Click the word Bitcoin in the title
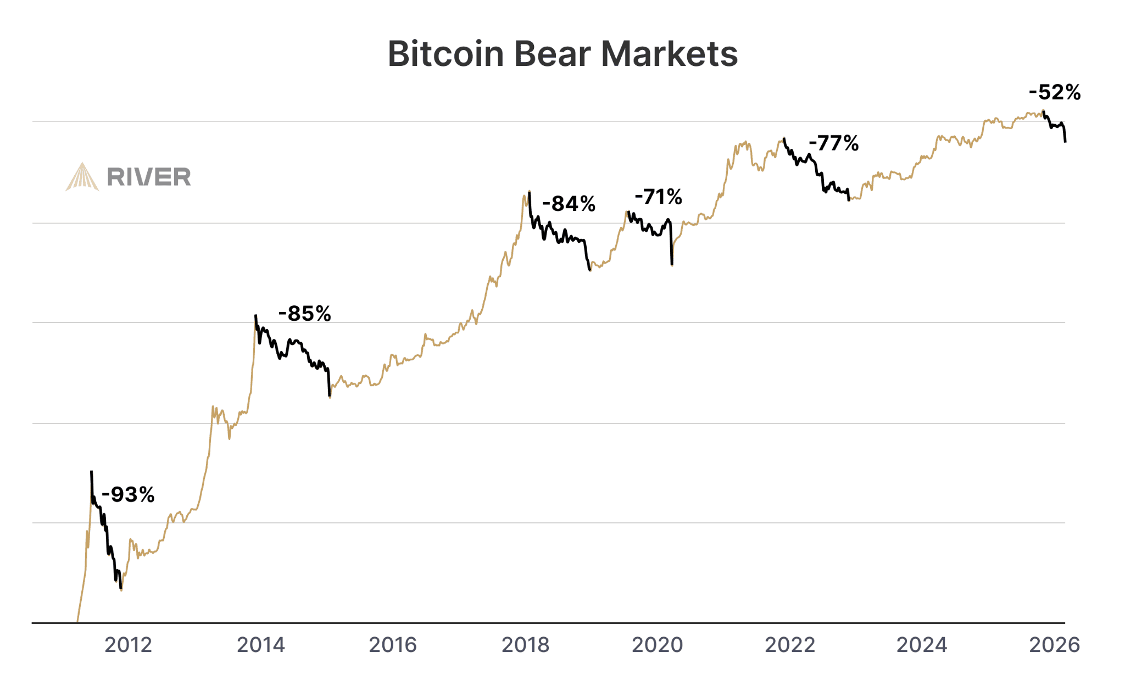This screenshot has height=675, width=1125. click(445, 54)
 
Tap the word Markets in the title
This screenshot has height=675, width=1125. click(669, 54)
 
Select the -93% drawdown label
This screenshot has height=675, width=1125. click(128, 495)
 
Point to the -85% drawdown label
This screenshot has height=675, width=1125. click(305, 314)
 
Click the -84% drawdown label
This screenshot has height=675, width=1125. click(569, 204)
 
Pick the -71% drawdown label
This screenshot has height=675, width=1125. click(658, 197)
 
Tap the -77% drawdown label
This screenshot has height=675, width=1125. click(834, 144)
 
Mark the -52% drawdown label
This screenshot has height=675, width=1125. click(1055, 92)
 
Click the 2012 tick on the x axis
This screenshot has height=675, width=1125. click(128, 645)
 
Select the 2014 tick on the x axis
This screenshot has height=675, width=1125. click(261, 645)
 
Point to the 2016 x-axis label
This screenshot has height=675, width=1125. click(393, 645)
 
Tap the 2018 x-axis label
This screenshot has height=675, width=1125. click(525, 645)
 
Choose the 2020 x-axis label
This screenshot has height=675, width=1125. click(657, 645)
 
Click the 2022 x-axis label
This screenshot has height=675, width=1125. click(790, 645)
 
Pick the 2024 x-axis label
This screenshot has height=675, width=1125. click(922, 645)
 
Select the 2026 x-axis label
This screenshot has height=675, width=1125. click(1054, 645)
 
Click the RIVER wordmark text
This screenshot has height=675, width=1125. click(149, 177)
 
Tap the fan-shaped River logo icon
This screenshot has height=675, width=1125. click(82, 177)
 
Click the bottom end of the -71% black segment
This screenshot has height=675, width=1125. click(672, 265)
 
